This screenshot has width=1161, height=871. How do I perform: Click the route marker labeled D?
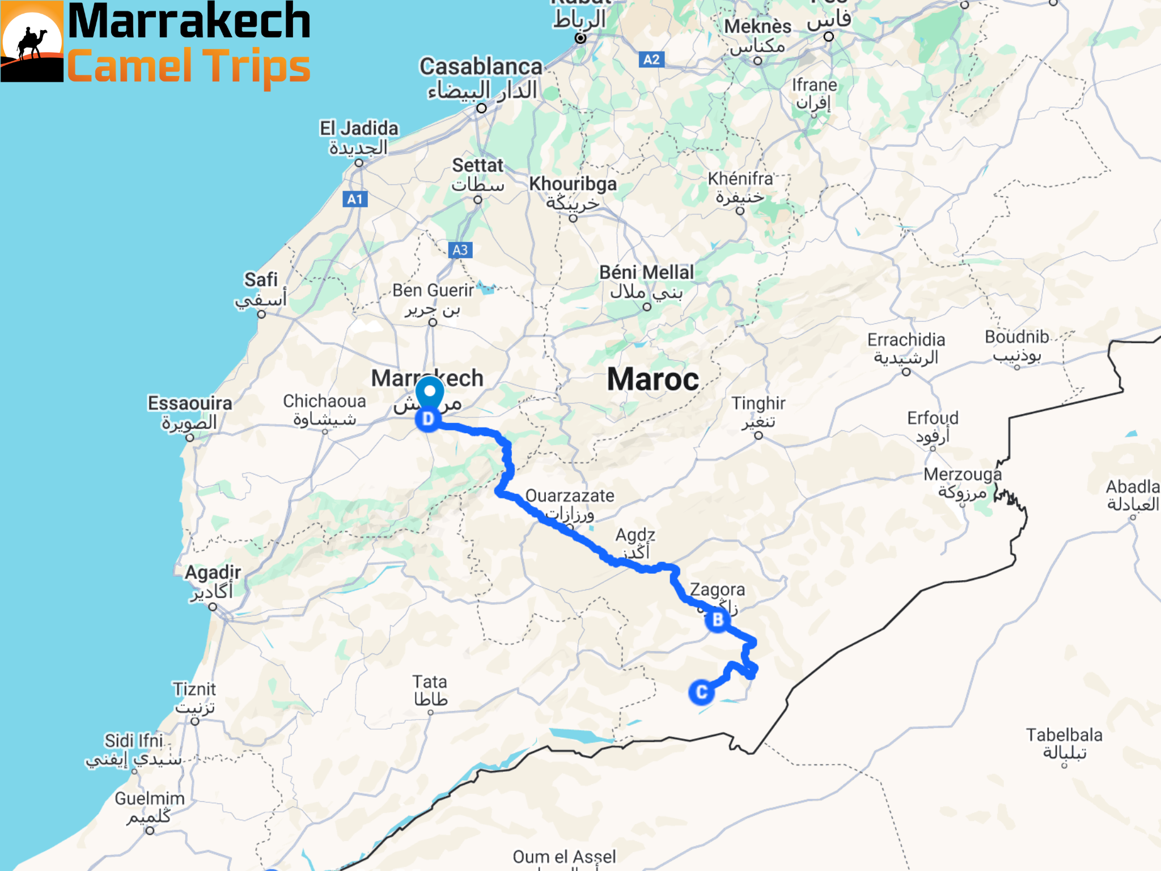[x=428, y=420]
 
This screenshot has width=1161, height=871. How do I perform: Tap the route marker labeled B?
[x=718, y=620]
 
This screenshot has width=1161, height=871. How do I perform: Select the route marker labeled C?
[x=701, y=692]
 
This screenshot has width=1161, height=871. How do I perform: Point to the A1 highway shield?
[x=355, y=199]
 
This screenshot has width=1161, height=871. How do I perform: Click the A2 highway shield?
[x=651, y=60]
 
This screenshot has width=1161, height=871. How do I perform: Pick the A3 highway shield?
[x=460, y=250]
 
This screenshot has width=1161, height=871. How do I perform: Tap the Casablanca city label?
[x=481, y=67]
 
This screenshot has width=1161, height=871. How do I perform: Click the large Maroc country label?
[x=653, y=379]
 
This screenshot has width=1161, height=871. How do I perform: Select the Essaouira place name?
[x=190, y=403]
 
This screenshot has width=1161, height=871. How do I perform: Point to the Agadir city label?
[x=213, y=573]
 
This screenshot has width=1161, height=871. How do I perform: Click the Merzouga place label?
[x=963, y=474]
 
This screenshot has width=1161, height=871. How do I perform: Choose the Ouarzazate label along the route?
[x=570, y=496]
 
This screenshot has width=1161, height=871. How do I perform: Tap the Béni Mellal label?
[x=646, y=273]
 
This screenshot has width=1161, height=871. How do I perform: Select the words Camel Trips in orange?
[x=189, y=66]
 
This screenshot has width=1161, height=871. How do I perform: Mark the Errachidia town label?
[x=906, y=340]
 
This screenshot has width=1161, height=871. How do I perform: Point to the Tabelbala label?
[x=1064, y=735]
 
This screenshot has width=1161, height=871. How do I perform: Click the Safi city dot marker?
[x=261, y=314]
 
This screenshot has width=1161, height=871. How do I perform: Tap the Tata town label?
[x=430, y=682]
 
